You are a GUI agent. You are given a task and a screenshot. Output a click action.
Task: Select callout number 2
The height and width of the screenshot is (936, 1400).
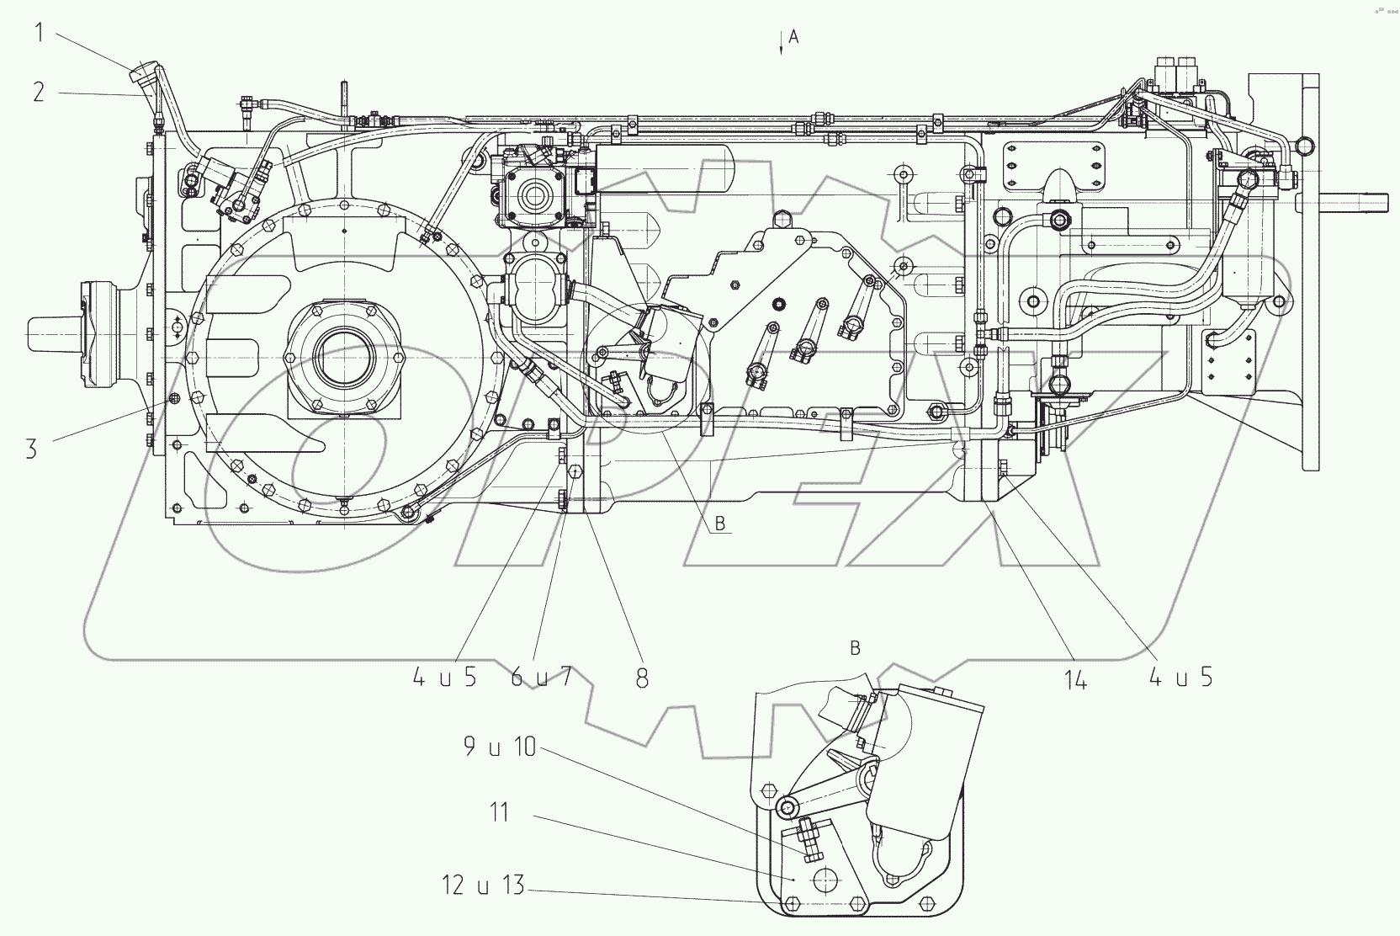point(39,91)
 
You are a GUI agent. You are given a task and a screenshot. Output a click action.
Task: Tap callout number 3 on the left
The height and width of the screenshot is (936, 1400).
point(32,448)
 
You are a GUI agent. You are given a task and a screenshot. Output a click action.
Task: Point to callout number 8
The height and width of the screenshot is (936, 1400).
point(642,678)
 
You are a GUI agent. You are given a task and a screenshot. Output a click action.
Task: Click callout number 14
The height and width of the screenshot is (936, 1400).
point(1075,680)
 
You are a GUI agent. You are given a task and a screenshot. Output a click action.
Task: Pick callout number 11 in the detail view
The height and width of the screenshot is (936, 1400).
point(500,813)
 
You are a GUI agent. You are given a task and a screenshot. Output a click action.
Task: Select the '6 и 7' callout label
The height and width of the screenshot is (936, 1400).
point(541,677)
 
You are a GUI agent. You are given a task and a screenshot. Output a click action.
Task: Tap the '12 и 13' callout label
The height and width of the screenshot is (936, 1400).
point(482,885)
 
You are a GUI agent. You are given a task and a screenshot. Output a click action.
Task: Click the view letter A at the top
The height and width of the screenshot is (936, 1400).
point(793,36)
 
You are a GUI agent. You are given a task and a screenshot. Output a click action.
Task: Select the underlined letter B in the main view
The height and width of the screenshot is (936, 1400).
point(720,524)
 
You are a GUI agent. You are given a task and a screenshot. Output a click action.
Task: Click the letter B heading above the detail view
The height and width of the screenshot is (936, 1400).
point(855,647)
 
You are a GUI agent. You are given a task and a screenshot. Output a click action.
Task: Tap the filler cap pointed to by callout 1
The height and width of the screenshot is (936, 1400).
point(140,74)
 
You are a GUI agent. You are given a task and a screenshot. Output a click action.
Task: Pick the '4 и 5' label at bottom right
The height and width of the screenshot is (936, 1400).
point(1181,677)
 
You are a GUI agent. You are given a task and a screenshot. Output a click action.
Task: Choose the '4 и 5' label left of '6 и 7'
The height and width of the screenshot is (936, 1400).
point(444,677)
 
